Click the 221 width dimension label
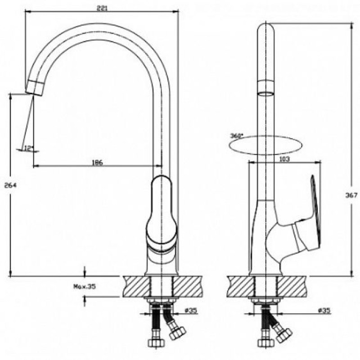[102, 9]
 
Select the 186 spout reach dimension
[98, 162]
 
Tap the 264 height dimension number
[10, 185]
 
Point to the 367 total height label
[351, 195]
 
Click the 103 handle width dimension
[284, 159]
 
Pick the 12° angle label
[29, 148]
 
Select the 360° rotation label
[237, 136]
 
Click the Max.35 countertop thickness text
[84, 287]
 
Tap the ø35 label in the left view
[191, 310]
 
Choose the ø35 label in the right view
[324, 310]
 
